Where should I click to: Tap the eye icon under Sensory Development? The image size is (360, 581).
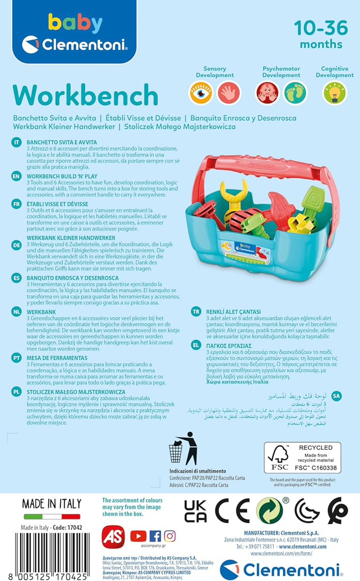click(x=201, y=92)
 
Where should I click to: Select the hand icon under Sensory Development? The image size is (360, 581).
click(x=229, y=92)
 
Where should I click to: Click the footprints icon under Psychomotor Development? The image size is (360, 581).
click(x=296, y=92)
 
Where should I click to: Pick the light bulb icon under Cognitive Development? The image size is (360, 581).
click(x=335, y=92)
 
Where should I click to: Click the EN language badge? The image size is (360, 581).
click(x=16, y=176)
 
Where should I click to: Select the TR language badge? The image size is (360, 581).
click(x=196, y=311)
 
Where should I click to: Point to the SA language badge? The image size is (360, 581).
click(x=336, y=396)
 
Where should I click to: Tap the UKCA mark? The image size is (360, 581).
click(x=196, y=511)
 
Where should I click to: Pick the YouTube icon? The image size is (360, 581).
click(x=138, y=536)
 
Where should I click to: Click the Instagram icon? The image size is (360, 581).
click(x=170, y=536)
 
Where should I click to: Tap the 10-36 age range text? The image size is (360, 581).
click(x=321, y=28)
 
